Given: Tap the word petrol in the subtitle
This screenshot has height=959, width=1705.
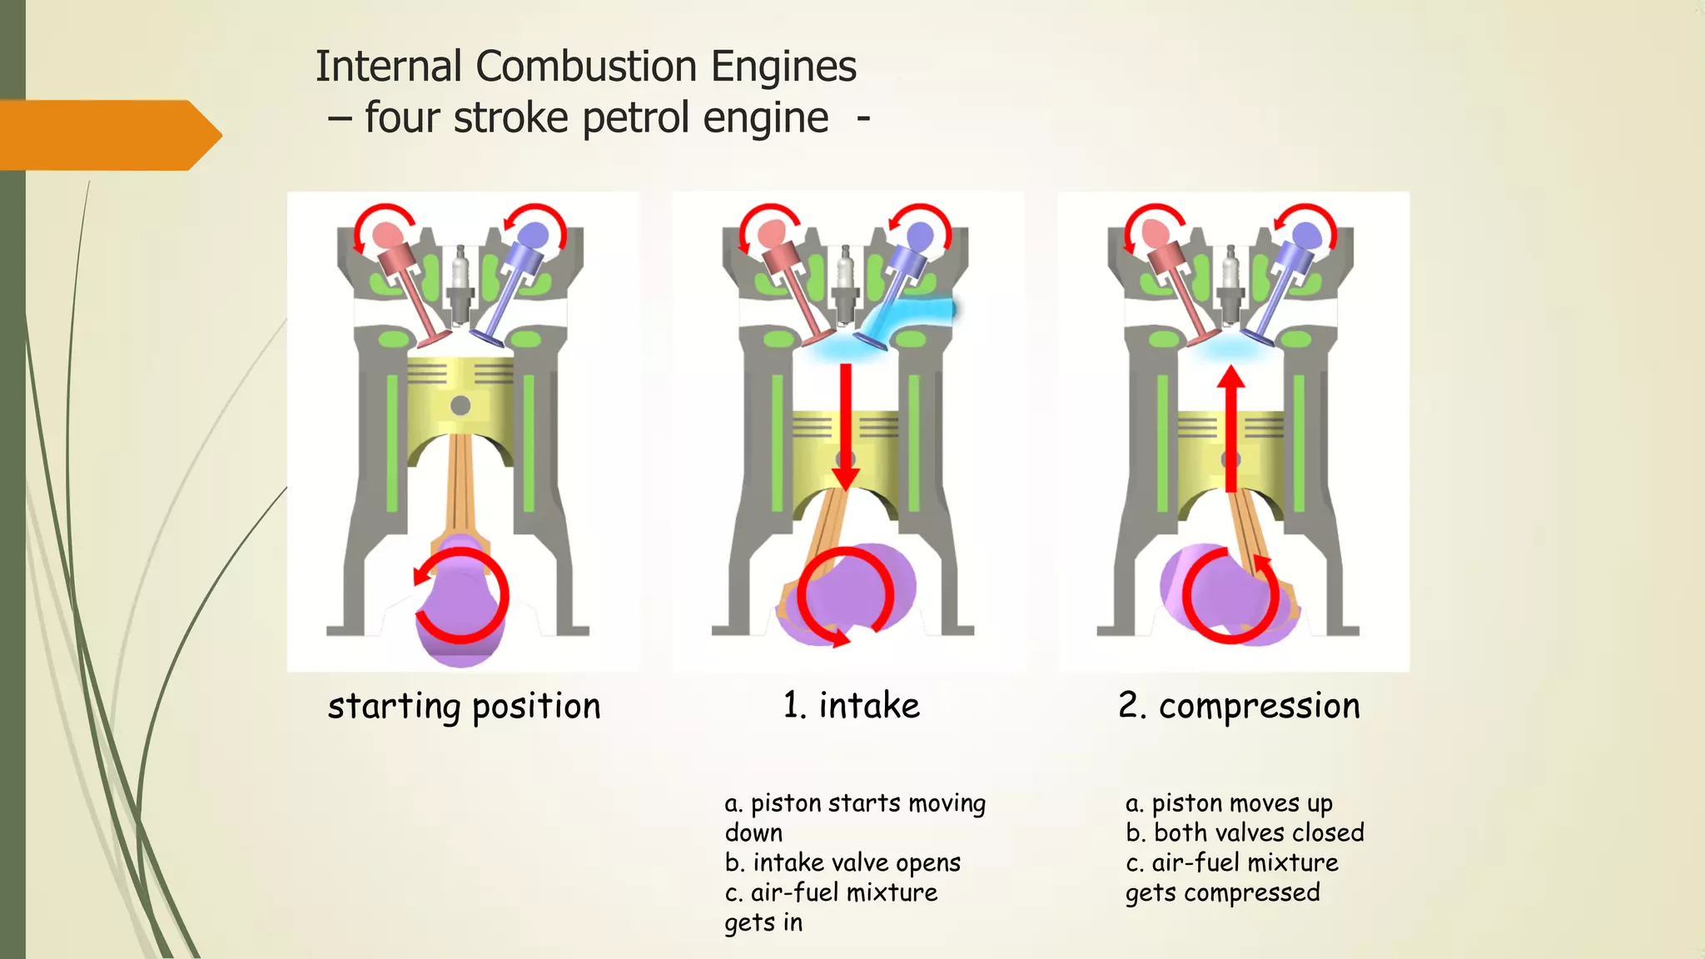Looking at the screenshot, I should pyautogui.click(x=635, y=118).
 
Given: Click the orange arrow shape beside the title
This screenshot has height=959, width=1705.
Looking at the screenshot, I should pyautogui.click(x=108, y=135).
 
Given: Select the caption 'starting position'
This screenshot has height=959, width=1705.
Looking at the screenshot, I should pyautogui.click(x=464, y=707).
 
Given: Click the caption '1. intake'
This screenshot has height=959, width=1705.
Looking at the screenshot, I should pyautogui.click(x=851, y=706).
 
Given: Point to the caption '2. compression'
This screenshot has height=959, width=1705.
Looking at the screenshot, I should pyautogui.click(x=1238, y=707).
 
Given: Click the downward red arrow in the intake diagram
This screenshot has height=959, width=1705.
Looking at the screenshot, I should pyautogui.click(x=846, y=425).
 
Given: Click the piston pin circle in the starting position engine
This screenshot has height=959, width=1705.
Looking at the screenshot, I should pyautogui.click(x=460, y=406).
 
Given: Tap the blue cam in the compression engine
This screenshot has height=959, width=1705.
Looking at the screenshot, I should pyautogui.click(x=1306, y=236).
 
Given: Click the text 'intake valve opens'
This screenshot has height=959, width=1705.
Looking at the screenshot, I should pyautogui.click(x=857, y=863).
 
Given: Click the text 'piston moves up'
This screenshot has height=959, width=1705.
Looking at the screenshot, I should pyautogui.click(x=1241, y=803).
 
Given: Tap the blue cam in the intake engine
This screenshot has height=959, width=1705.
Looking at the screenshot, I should pyautogui.click(x=920, y=236).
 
